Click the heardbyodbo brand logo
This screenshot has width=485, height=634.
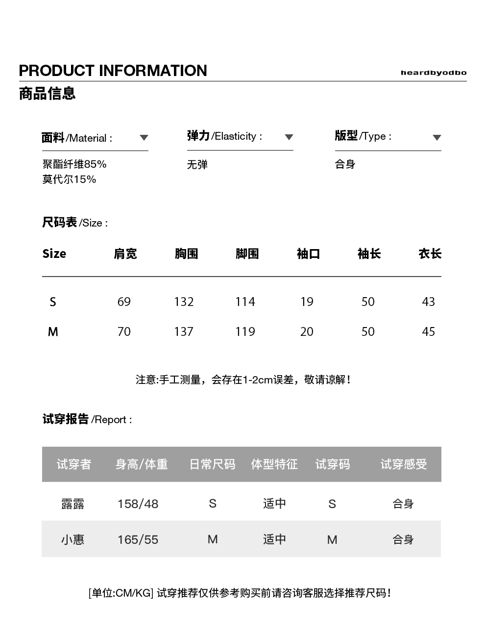[433, 73]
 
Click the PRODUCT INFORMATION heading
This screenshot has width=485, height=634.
[113, 71]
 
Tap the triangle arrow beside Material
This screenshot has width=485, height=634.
[144, 138]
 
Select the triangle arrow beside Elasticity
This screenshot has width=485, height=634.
[289, 137]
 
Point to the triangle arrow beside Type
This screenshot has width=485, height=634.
[437, 138]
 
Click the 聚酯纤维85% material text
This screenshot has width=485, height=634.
[74, 164]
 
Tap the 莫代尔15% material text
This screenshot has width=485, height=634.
[69, 179]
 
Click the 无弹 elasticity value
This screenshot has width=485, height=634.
[197, 165]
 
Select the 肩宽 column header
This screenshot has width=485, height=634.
[125, 254]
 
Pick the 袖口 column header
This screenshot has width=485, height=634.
[308, 254]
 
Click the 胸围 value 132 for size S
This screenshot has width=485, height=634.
[184, 302]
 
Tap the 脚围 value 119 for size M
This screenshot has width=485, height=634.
[245, 331]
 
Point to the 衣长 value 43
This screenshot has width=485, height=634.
[428, 302]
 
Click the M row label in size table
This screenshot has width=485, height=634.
[53, 332]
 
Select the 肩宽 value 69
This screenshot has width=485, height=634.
[124, 302]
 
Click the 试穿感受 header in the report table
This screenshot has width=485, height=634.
[404, 464]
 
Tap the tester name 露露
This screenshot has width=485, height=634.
[73, 504]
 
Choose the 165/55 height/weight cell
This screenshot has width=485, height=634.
[138, 539]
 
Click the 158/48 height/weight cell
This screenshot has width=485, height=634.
[138, 504]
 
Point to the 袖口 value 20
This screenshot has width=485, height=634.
[307, 331]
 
